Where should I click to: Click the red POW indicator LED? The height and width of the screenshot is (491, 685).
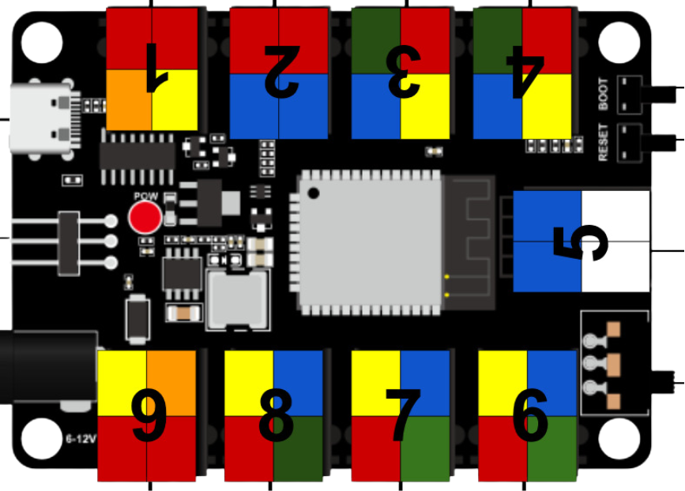[145, 216]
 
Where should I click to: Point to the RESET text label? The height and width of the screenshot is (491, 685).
[604, 142]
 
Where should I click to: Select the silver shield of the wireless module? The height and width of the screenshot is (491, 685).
[368, 241]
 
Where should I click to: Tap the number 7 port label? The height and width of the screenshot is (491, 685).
[403, 415]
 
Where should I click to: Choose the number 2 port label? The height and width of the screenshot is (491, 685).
[280, 71]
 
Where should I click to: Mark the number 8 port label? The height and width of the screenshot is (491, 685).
[276, 415]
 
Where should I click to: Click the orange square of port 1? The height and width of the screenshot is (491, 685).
[129, 99]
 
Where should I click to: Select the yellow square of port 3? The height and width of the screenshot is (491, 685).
[425, 106]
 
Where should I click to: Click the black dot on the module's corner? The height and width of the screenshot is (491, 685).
[314, 193]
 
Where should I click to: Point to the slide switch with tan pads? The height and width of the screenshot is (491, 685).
[612, 365]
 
